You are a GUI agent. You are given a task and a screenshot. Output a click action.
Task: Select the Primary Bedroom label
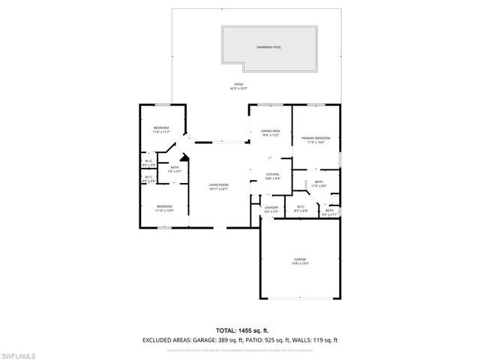pos(316,139)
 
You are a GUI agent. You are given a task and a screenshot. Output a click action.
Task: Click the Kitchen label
pos(272,177)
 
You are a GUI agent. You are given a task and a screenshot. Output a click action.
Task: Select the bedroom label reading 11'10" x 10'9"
pos(164,208)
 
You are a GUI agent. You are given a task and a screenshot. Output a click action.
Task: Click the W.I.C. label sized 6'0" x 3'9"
pos(148,163)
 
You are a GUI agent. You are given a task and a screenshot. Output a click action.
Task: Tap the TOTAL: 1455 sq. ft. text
pos(239,330)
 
